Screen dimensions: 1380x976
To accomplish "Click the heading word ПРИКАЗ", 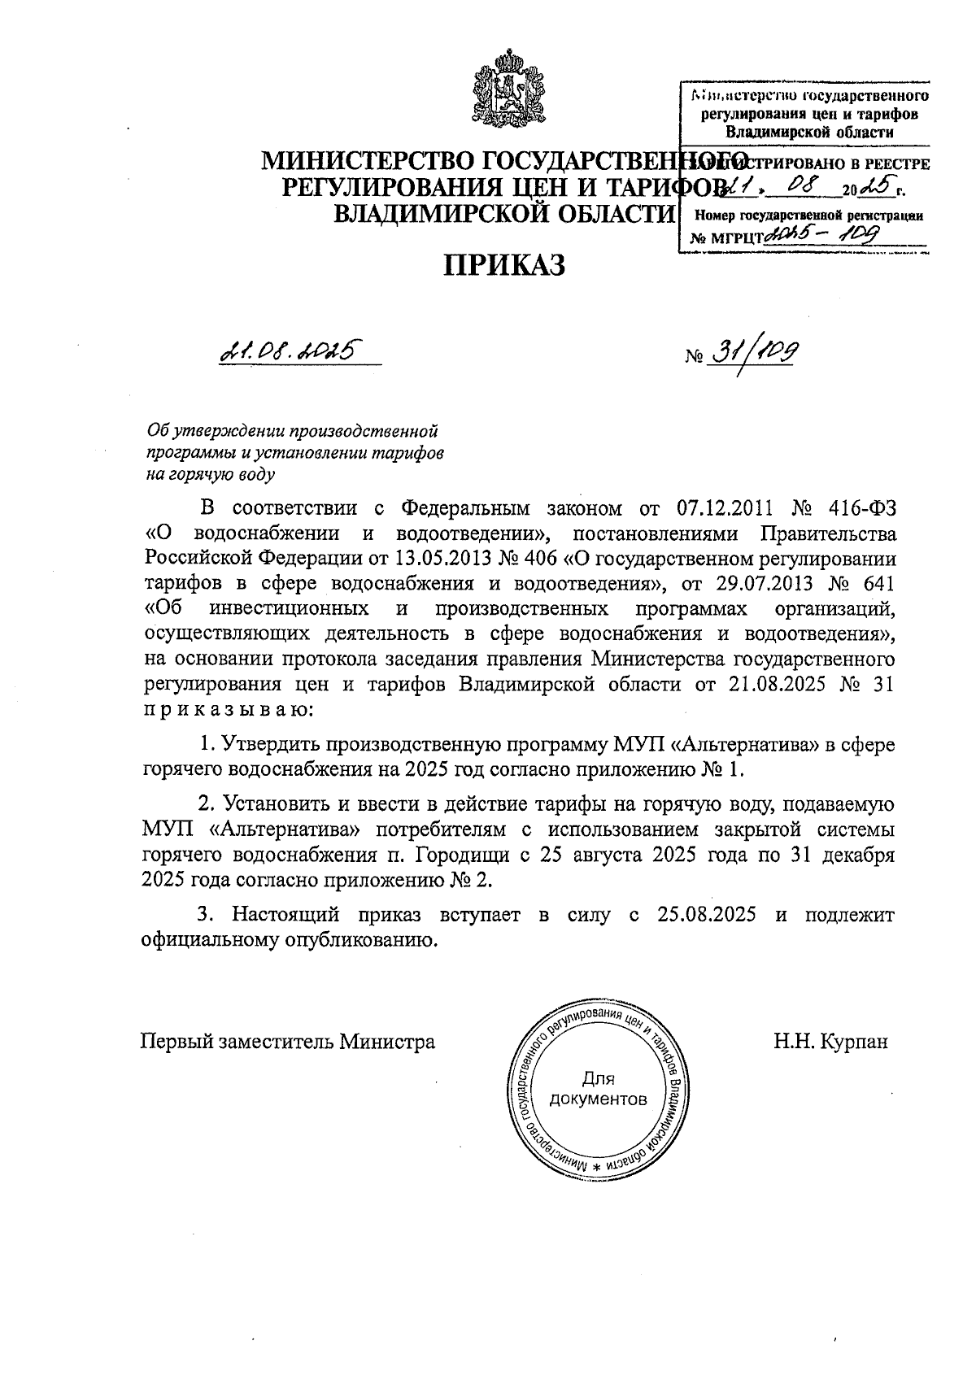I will (503, 265).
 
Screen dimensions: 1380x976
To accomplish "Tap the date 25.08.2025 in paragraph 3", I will (704, 915).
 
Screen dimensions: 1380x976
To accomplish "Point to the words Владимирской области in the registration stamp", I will (809, 131).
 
